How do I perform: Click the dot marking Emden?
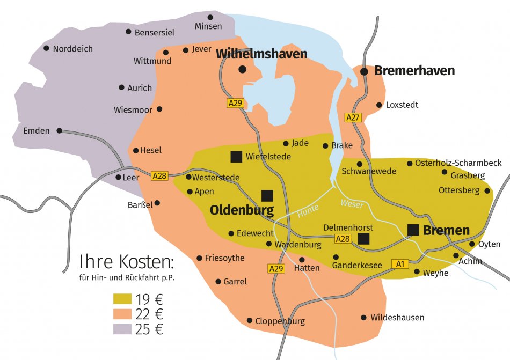(x=59, y=130)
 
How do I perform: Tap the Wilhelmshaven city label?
(x=261, y=54)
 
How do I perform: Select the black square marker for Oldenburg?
(x=267, y=195)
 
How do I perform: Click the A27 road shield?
(x=353, y=117)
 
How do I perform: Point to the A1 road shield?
(x=400, y=263)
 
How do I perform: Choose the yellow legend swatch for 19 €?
(x=122, y=299)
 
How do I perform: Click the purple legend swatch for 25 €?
(x=122, y=329)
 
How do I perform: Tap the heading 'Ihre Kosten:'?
(x=127, y=262)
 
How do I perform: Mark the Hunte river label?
(x=308, y=211)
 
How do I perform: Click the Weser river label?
(x=352, y=204)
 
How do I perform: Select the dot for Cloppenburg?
(x=250, y=320)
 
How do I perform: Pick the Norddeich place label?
(x=72, y=49)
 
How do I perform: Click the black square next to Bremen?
(x=413, y=230)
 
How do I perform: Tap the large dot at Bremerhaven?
(x=364, y=71)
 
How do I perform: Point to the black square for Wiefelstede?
(x=235, y=157)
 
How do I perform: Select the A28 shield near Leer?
(x=159, y=175)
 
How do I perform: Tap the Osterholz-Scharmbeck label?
(x=458, y=163)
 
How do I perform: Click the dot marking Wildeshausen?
(x=364, y=318)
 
